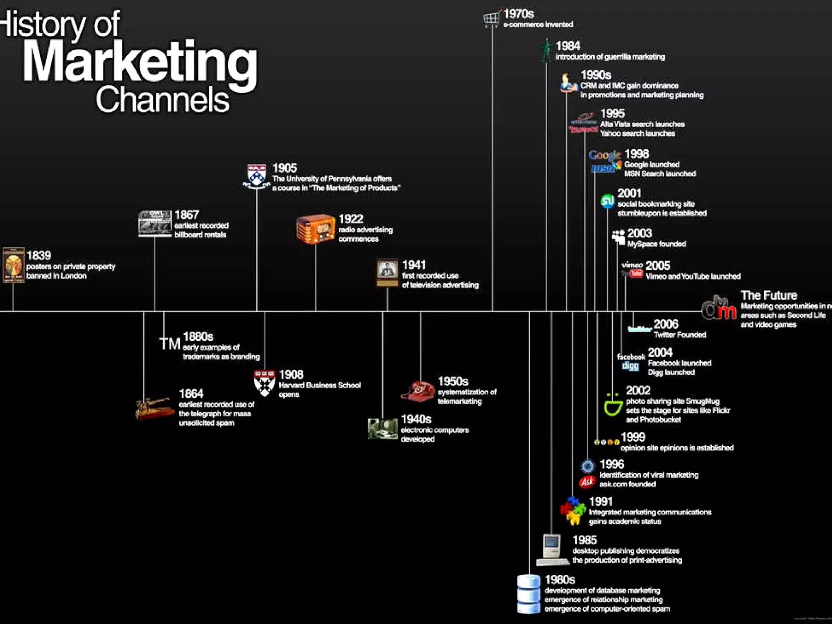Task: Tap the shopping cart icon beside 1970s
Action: [491, 19]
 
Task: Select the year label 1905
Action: [284, 168]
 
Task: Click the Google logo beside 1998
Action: [604, 155]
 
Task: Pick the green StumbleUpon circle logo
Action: [607, 201]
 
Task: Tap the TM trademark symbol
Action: [169, 344]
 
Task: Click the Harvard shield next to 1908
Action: [264, 383]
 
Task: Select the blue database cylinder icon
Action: [529, 594]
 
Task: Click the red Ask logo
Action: [587, 482]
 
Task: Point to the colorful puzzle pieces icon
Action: [573, 511]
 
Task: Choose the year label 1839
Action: [39, 256]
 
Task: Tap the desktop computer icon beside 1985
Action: [552, 549]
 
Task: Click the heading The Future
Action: [769, 295]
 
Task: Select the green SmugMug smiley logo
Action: [613, 405]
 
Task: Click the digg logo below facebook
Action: [630, 366]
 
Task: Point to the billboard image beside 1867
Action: [154, 223]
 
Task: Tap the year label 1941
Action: [414, 265]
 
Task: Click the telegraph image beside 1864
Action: [153, 408]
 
